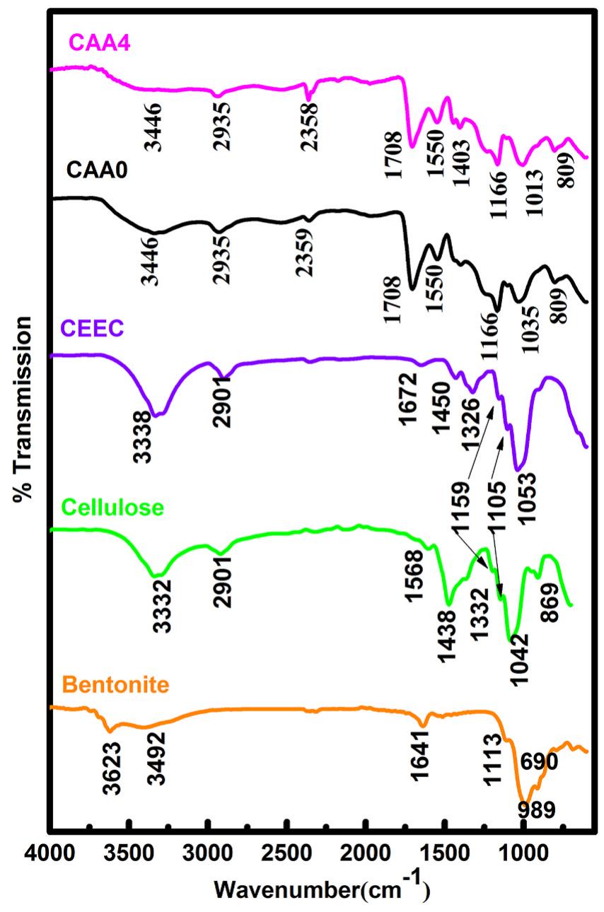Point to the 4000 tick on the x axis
[x=50, y=847]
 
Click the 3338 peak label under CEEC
[x=141, y=437]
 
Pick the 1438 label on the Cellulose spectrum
[x=447, y=634]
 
